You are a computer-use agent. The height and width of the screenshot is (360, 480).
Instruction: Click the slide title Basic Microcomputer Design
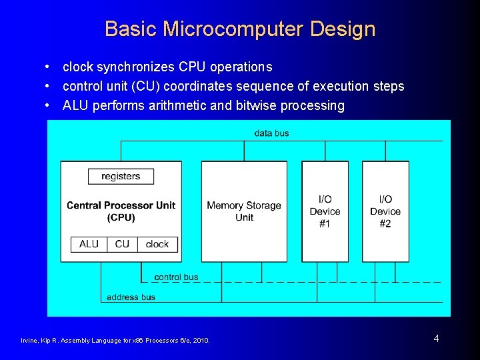click(x=240, y=29)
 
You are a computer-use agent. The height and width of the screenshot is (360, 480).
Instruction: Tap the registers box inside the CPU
click(x=121, y=177)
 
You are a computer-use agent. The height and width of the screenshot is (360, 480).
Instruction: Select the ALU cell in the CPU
click(x=89, y=244)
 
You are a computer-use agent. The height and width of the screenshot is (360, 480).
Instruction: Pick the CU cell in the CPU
click(x=122, y=244)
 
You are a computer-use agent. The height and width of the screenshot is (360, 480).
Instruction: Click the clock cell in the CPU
click(x=157, y=244)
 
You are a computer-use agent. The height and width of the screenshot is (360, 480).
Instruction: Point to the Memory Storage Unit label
click(x=244, y=211)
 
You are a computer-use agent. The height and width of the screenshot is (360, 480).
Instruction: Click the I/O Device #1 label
click(x=325, y=211)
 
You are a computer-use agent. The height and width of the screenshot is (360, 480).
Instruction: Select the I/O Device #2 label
click(x=385, y=211)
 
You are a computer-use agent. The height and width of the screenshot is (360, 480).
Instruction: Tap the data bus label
click(x=271, y=133)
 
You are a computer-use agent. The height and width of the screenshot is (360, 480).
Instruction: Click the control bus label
click(x=176, y=277)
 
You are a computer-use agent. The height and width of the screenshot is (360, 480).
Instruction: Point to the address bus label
click(x=131, y=297)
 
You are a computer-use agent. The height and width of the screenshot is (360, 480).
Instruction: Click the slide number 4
click(x=436, y=339)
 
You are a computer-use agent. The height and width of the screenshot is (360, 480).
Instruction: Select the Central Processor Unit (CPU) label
click(x=121, y=211)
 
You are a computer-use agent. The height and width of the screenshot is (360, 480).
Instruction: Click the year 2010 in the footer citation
click(x=199, y=341)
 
